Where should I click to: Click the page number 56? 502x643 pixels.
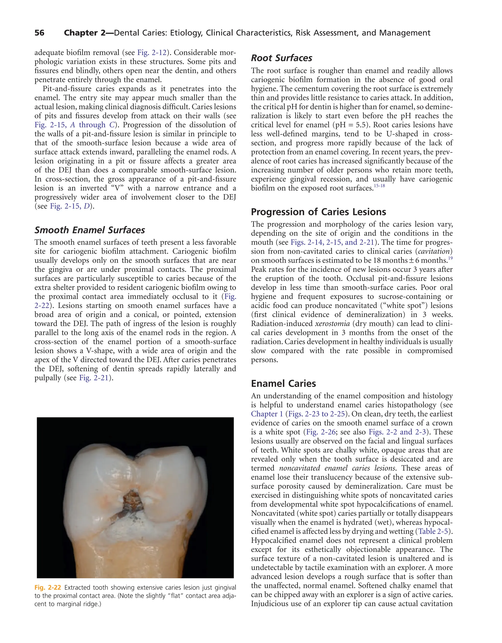click(39, 33)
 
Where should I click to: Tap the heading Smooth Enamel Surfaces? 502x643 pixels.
click(90, 230)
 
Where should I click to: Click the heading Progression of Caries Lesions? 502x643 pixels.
click(318, 212)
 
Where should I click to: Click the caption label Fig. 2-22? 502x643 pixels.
click(48, 588)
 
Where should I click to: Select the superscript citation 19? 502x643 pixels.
click(450, 258)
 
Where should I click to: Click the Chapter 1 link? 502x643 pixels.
click(267, 414)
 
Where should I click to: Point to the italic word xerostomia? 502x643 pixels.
click(332, 324)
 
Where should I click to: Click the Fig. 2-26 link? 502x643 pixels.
click(320, 432)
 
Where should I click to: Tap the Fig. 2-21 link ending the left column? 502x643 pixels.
click(94, 378)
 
